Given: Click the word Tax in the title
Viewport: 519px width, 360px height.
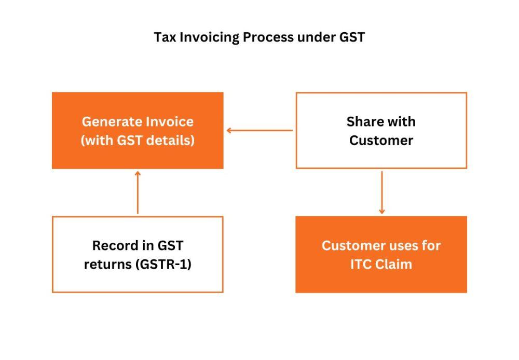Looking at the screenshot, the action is click(x=165, y=37).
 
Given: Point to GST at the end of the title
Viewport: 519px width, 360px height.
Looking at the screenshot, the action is click(x=352, y=37).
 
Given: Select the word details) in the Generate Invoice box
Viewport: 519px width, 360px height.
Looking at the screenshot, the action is click(x=170, y=140).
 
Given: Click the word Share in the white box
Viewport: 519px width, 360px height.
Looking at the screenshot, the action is click(x=364, y=122).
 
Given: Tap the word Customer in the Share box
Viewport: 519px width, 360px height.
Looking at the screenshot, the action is click(x=381, y=140).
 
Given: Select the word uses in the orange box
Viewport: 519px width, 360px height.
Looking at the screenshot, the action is click(x=405, y=246).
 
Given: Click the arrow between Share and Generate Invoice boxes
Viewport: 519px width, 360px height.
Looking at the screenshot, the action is click(x=259, y=130).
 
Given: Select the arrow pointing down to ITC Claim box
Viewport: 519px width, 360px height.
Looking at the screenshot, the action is click(x=381, y=192).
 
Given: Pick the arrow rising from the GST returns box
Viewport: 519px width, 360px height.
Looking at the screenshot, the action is click(x=138, y=192).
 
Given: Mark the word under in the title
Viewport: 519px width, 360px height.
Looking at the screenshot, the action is click(x=316, y=37).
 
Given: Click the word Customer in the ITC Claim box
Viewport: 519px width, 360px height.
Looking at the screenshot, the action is click(x=353, y=245).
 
